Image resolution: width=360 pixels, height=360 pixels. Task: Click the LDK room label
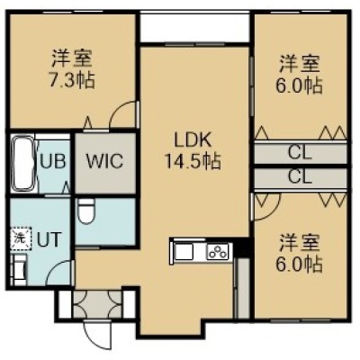(193, 140)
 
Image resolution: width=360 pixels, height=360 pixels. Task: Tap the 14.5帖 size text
(193, 161)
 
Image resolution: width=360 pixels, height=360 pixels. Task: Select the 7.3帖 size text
(72, 79)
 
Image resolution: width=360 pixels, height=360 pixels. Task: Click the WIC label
(104, 161)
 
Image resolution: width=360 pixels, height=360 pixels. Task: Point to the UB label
(53, 161)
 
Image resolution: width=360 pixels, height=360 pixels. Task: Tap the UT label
(49, 239)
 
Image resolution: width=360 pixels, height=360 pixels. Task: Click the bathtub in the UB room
(23, 163)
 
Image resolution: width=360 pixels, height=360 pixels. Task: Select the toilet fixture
(85, 211)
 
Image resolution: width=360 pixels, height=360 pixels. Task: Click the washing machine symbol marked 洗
(22, 239)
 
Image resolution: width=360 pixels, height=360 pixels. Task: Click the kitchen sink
(184, 251)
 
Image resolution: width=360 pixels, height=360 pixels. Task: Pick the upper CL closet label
(300, 153)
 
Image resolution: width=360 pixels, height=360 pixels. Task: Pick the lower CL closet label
(300, 177)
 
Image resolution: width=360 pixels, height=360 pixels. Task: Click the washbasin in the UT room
(19, 269)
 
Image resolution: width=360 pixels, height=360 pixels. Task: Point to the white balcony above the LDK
(194, 27)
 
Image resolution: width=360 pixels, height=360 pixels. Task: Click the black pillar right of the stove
(241, 247)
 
